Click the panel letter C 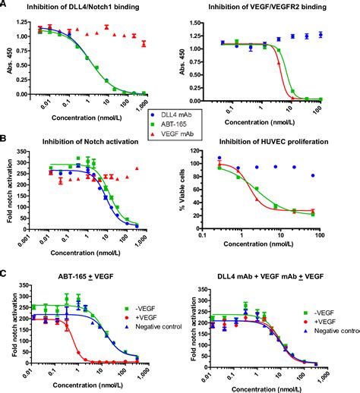(x=5, y=275)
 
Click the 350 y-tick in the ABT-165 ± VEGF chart (x=24, y=289)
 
